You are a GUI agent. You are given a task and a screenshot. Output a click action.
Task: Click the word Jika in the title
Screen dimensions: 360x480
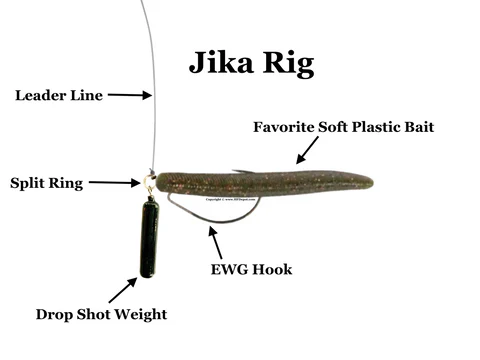point(222,64)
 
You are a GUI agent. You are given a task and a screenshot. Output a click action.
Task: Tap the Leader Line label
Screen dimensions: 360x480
point(56,96)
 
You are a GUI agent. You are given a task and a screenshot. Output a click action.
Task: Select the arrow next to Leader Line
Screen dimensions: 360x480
point(129,96)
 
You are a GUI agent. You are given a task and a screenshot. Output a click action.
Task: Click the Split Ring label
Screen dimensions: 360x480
point(47,183)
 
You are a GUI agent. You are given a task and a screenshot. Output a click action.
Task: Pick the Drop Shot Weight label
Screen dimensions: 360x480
point(101,314)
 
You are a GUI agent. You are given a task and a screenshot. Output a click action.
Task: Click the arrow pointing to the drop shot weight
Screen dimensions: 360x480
point(122,290)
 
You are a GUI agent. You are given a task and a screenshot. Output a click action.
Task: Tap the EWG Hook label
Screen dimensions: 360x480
point(252,270)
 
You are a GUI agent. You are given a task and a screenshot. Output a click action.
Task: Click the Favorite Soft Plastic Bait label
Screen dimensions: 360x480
point(344,127)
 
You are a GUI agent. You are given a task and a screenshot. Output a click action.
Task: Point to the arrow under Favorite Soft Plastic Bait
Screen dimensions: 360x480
point(306,149)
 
